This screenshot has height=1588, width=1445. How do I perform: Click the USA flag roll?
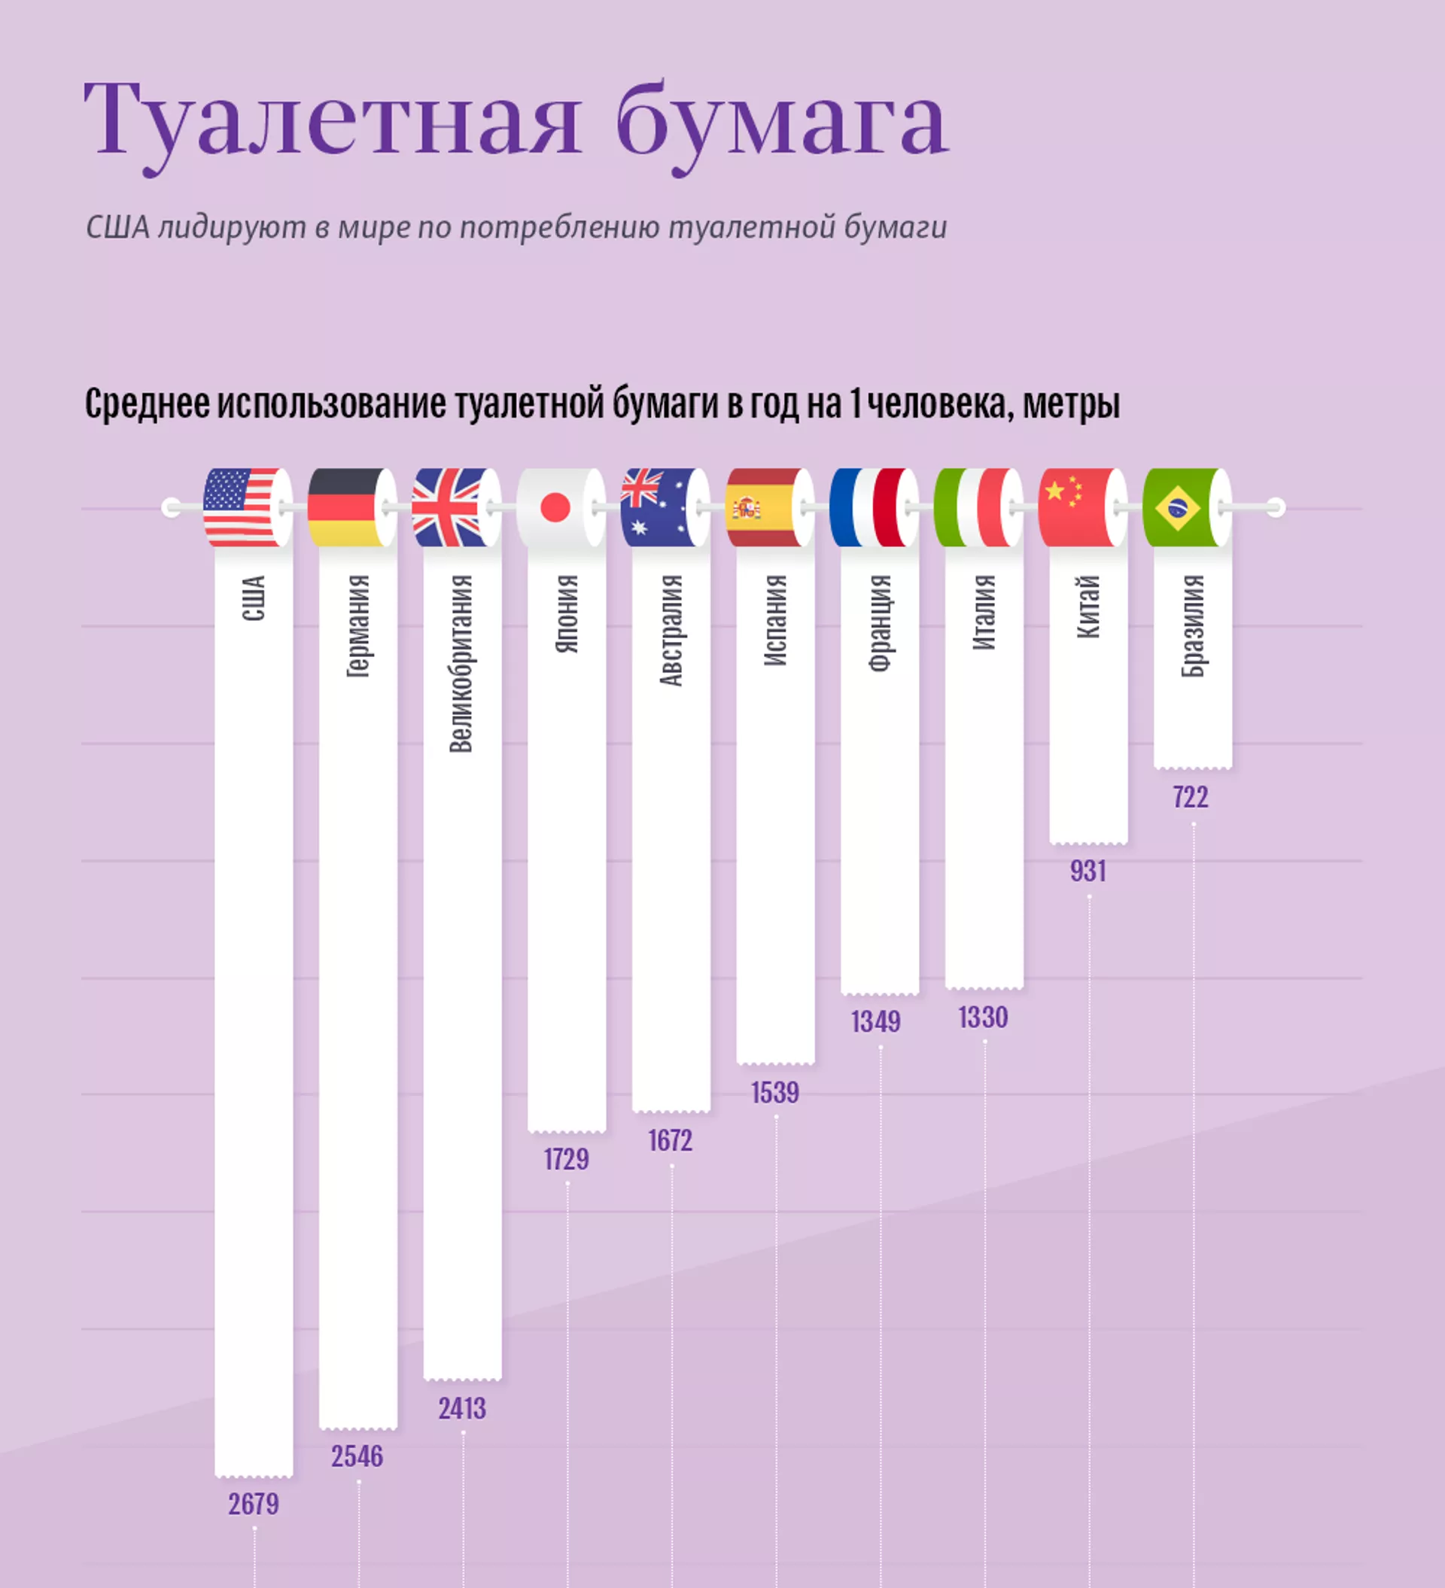tap(247, 507)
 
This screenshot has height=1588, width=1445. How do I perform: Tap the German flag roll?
tap(351, 507)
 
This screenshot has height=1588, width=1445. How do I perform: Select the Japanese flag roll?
tap(559, 507)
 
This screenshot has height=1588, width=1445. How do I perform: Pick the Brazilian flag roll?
tap(1185, 507)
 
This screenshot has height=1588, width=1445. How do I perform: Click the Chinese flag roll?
tap(1081, 507)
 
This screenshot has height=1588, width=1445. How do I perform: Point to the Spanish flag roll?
tap(768, 507)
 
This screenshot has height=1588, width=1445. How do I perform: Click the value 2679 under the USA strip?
tap(254, 1504)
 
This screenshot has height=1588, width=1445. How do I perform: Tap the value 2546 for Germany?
tap(357, 1456)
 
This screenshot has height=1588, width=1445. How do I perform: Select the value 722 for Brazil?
tap(1191, 797)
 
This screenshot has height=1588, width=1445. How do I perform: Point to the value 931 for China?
tap(1088, 872)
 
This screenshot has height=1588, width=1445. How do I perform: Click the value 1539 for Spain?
tap(775, 1093)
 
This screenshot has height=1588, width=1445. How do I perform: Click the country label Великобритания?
tap(461, 663)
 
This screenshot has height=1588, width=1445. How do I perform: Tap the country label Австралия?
tap(671, 630)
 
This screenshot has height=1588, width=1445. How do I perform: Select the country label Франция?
tap(879, 622)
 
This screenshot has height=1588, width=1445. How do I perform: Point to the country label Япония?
tap(567, 613)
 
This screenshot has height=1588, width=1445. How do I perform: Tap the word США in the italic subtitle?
tap(117, 227)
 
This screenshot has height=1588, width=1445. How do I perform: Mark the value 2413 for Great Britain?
tap(463, 1408)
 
